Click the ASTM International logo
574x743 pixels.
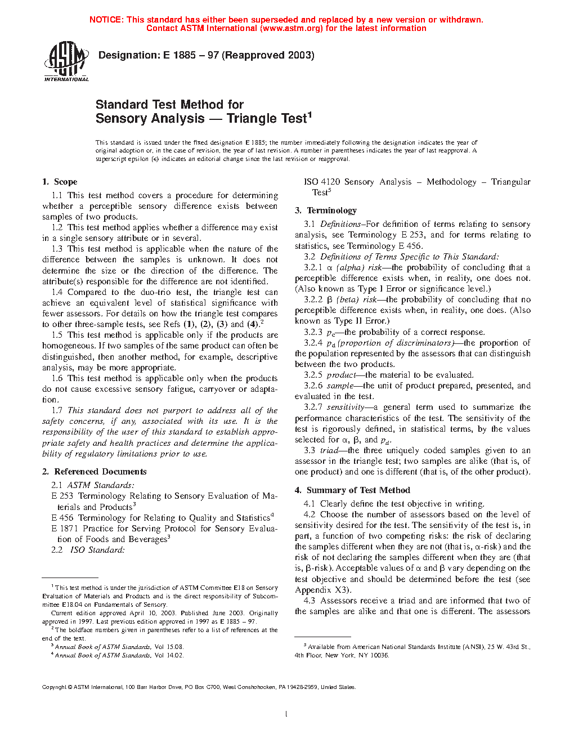point(66,61)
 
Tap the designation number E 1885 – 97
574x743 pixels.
point(191,55)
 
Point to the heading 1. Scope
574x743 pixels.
point(60,182)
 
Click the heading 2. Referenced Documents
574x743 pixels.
point(94,472)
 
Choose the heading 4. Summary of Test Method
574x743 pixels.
point(352,490)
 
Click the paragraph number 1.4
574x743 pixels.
point(57,292)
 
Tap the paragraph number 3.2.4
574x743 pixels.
point(313,343)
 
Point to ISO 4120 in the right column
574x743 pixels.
point(322,182)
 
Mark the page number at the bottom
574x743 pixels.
point(286,714)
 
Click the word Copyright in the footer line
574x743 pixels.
point(54,687)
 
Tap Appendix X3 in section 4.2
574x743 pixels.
point(322,590)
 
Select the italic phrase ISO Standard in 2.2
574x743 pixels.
point(97,550)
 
